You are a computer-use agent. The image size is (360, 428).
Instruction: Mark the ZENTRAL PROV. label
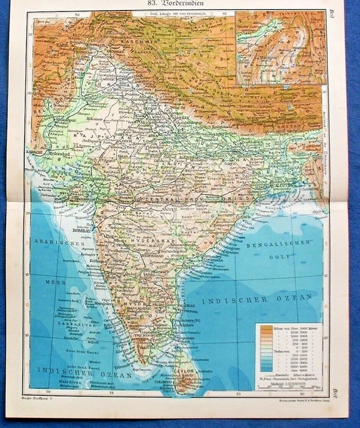pos(163,199)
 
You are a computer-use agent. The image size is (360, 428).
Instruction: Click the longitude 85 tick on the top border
pos(226,13)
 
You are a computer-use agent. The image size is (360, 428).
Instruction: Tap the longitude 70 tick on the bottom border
pos(48,393)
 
